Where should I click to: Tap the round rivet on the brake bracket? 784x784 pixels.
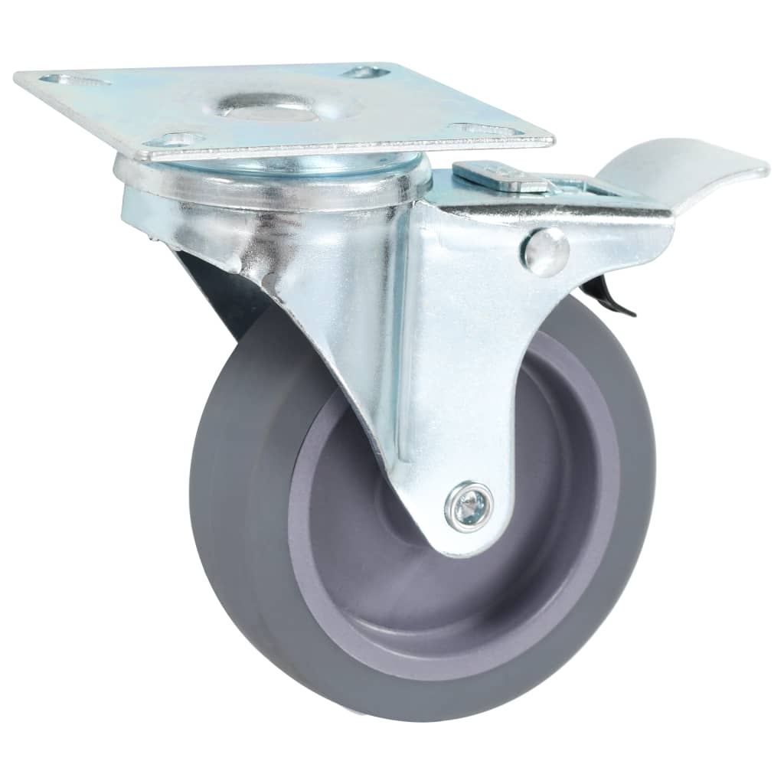tap(546, 251)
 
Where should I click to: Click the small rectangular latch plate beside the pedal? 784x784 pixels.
tap(501, 177)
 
